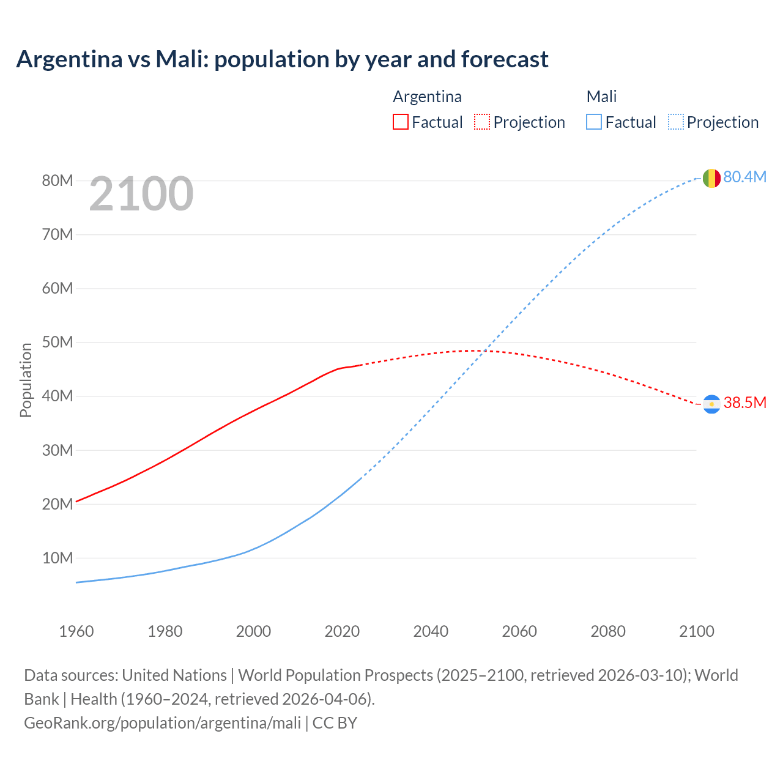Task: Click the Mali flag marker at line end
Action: point(711,178)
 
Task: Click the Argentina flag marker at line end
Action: point(711,404)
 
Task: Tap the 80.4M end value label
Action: point(744,177)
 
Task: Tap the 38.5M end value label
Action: point(744,403)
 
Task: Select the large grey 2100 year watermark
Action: point(141,194)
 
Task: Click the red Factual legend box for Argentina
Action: point(400,122)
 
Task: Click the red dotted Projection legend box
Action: point(482,122)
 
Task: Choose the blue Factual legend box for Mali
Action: point(593,122)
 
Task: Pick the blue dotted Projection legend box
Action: point(676,122)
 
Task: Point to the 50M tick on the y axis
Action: point(58,342)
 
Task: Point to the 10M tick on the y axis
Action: point(58,558)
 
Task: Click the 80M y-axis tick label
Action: point(58,180)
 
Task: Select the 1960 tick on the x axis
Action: point(76,631)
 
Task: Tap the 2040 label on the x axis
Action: point(431,631)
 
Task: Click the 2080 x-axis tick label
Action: point(608,631)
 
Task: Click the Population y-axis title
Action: point(26,380)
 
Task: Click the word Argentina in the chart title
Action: point(69,59)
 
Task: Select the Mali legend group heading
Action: point(601,97)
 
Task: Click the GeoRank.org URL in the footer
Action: point(162,722)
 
